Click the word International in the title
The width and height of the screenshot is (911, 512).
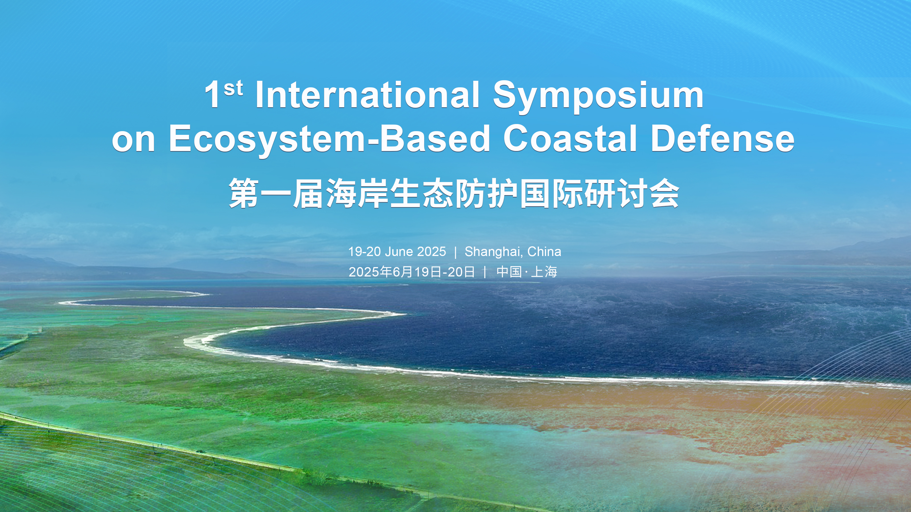[x=367, y=95]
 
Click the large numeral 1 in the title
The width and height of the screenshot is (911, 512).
[x=213, y=95]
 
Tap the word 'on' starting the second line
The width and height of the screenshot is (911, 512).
[x=133, y=142]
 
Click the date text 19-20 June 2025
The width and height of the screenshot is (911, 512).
[x=397, y=251]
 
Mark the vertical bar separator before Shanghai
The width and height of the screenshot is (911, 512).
[x=455, y=252]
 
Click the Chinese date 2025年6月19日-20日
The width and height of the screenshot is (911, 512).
[x=412, y=272]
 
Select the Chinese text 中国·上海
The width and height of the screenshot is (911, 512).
[x=527, y=272]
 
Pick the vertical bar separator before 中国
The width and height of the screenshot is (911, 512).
[x=485, y=272]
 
